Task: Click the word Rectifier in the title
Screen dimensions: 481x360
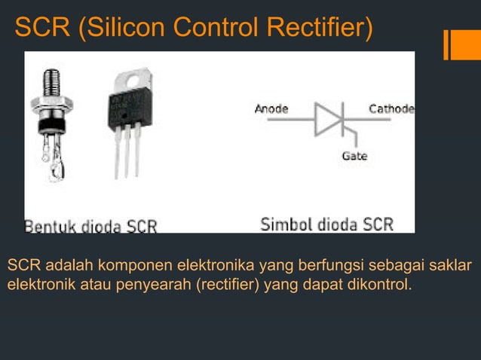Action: [320, 27]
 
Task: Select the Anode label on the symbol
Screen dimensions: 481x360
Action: [271, 108]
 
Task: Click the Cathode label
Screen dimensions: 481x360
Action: [391, 108]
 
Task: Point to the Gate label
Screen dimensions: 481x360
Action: [354, 156]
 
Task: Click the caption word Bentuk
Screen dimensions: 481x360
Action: [50, 227]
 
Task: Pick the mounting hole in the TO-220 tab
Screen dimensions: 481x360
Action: [133, 81]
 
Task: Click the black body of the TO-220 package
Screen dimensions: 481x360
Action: [130, 108]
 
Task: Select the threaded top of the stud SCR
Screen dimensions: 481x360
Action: [51, 82]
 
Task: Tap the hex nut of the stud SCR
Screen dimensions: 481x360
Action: [52, 104]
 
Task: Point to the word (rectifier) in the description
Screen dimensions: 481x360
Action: [228, 285]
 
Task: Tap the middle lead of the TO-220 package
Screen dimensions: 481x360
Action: [127, 151]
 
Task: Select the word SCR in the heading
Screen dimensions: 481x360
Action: [42, 27]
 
